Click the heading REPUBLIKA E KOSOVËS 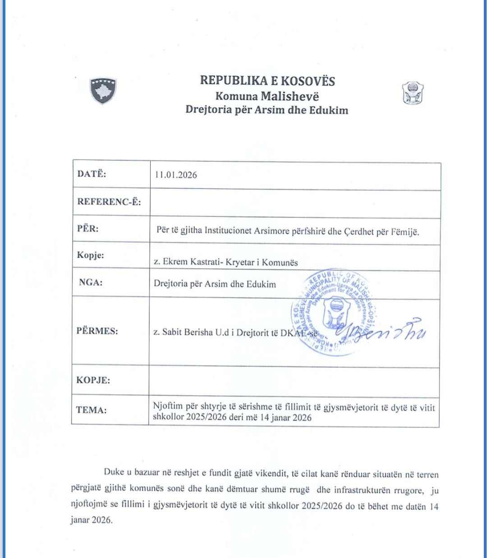(x=267, y=81)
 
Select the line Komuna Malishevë (x=267, y=96)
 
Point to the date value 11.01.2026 (x=176, y=175)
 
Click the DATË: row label (x=92, y=174)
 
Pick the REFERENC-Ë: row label (x=109, y=201)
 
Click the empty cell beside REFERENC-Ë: (x=294, y=204)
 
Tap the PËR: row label (x=87, y=228)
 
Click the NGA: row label (x=91, y=283)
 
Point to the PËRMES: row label (x=97, y=331)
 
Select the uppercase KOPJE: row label (x=93, y=380)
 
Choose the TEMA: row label (x=91, y=410)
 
